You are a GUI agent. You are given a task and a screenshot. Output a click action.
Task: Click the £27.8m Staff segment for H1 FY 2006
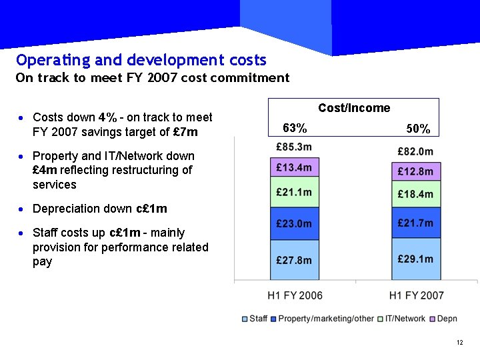pos(294,260)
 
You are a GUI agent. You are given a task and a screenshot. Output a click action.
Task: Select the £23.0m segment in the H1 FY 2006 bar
pos(294,224)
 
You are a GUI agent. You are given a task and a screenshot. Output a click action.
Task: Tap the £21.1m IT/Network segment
pos(294,193)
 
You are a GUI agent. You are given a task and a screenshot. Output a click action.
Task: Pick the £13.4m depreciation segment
pos(294,167)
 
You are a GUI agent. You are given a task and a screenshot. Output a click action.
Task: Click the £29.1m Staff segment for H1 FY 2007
pos(415,259)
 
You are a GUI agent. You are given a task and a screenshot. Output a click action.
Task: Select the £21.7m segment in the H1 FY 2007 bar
pos(415,222)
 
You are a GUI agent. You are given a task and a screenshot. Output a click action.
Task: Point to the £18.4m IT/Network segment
pos(415,194)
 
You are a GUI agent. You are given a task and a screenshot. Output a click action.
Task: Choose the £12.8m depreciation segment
pos(415,171)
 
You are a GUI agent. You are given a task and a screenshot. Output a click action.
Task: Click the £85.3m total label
pos(294,147)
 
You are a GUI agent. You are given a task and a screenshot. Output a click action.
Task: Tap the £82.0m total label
pos(415,151)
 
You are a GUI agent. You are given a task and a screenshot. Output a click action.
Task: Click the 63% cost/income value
pos(295,128)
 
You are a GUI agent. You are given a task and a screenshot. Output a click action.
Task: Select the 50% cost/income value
pos(418,129)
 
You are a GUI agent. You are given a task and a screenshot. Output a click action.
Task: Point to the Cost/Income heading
pos(354,108)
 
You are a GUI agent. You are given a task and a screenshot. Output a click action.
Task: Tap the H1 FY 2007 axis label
pos(416,295)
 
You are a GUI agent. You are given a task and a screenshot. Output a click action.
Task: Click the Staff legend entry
pos(255,319)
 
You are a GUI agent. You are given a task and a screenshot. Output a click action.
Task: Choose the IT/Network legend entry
pos(403,319)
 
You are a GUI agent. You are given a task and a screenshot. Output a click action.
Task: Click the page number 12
pos(459,343)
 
